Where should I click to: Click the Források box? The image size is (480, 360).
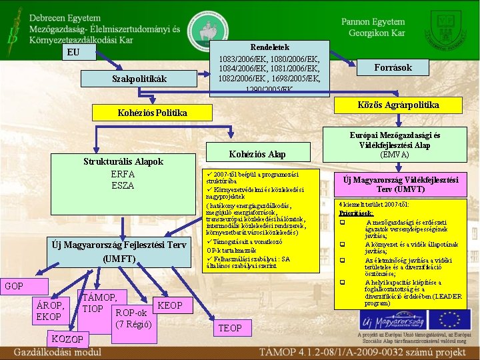tap(393, 67)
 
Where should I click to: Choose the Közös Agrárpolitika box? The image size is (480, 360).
tap(398, 105)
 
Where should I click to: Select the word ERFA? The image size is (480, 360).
tap(123, 174)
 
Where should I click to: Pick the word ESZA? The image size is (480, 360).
tap(123, 185)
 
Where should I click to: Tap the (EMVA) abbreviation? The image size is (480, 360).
tap(395, 155)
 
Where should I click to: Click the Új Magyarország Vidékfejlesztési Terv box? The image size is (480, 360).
tap(401, 184)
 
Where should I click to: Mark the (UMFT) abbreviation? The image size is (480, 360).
tap(119, 258)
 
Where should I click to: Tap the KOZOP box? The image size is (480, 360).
tap(67, 339)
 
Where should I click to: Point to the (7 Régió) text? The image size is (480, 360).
tap(133, 325)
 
